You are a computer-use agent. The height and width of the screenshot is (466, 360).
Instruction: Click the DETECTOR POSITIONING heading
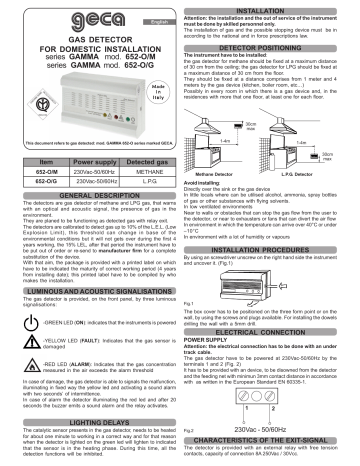click(269, 48)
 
